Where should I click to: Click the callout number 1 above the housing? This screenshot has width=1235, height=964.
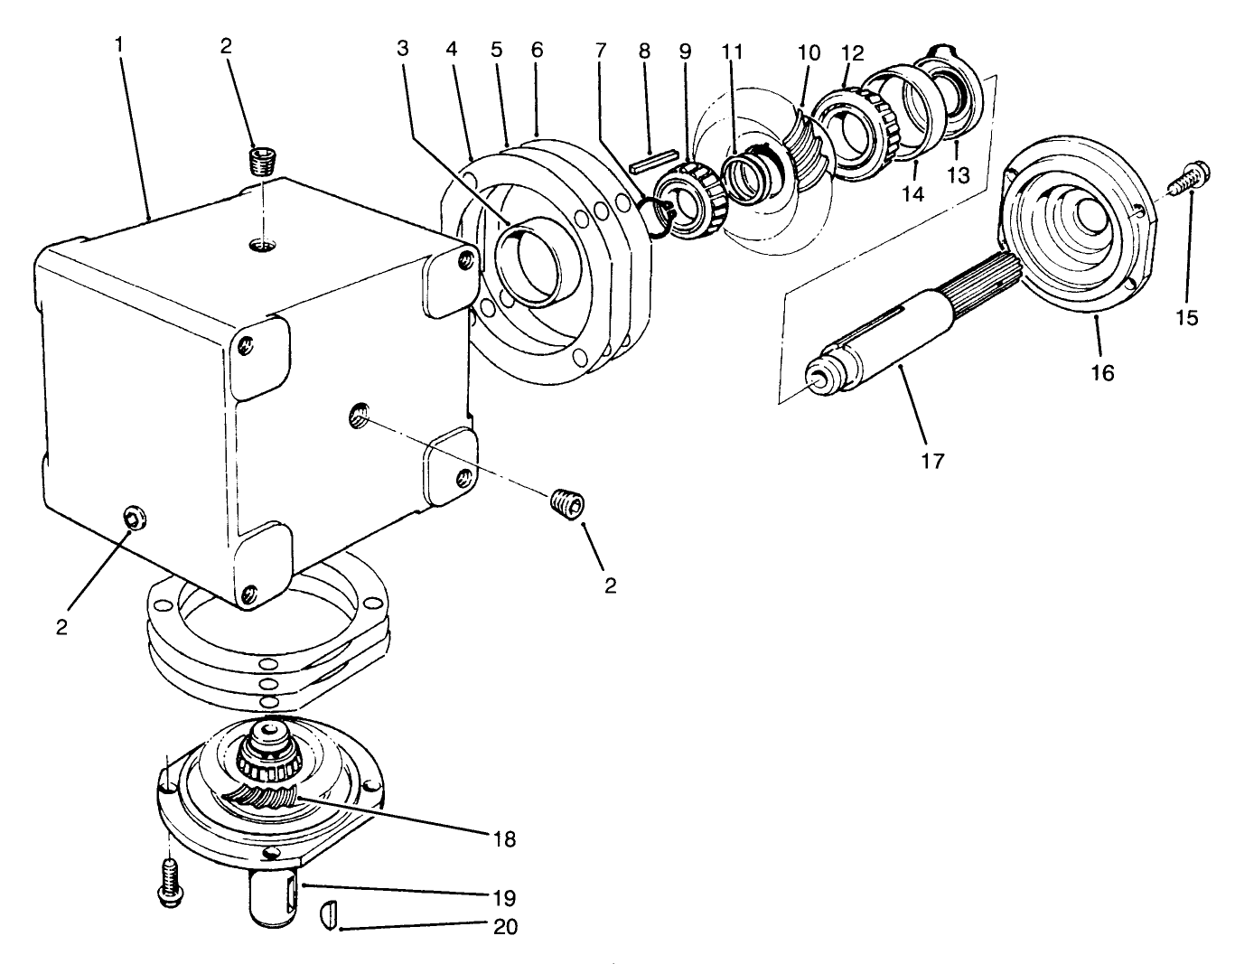[119, 43]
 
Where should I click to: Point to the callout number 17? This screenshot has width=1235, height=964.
[931, 461]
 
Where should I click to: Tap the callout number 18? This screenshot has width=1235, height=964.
[504, 838]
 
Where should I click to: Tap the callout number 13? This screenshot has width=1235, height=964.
[957, 175]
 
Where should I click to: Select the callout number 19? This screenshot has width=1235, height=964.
[504, 898]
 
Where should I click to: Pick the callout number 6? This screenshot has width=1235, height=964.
[538, 50]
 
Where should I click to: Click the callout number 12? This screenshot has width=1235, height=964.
[853, 52]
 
